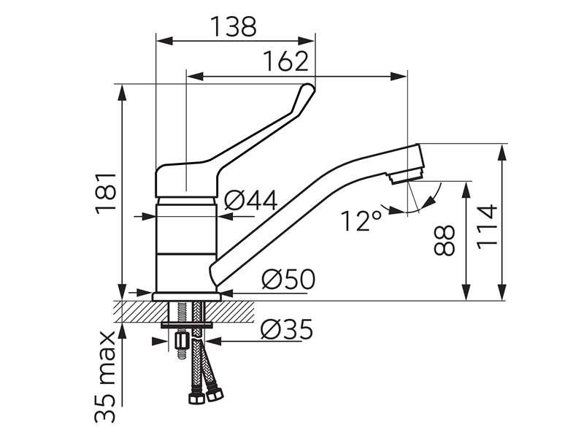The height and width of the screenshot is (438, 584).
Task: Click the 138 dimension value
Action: (234, 26)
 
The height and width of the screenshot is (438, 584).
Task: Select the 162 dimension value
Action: (286, 61)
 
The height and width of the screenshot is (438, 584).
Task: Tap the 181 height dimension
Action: (106, 193)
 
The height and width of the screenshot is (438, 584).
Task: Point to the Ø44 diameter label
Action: (251, 200)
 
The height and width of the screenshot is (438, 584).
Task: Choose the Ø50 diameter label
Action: (288, 279)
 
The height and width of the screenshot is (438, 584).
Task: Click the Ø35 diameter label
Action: (286, 329)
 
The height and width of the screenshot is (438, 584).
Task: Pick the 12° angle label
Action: (361, 220)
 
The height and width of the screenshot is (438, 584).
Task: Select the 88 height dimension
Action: (445, 240)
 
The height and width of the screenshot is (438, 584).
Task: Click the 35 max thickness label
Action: (104, 376)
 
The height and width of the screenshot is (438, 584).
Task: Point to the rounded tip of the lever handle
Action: (308, 88)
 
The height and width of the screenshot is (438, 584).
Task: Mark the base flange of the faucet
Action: (187, 296)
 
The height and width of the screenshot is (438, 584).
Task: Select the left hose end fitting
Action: (196, 398)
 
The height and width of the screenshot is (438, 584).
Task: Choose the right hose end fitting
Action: (214, 394)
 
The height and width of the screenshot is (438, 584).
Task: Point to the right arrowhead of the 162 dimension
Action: (399, 77)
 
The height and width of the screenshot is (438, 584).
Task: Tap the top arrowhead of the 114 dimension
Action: (503, 153)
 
